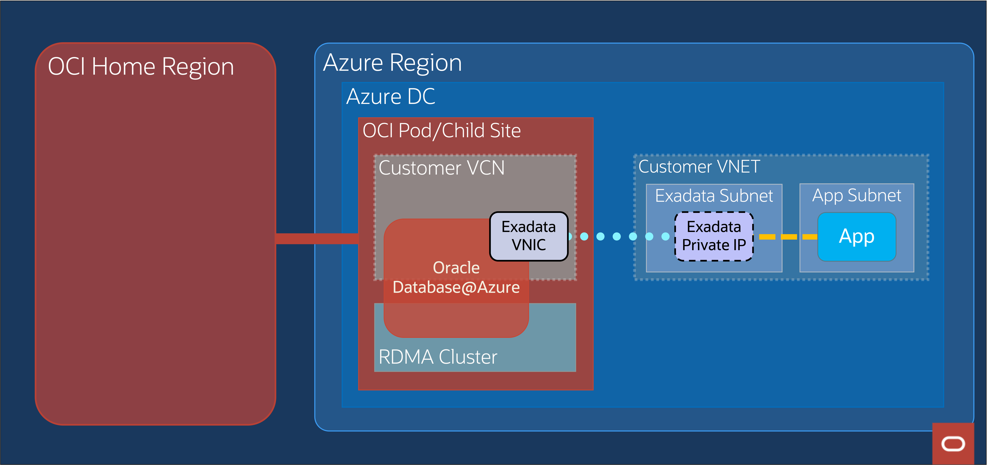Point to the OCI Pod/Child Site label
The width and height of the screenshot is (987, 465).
click(441, 131)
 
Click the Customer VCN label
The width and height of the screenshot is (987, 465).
click(441, 168)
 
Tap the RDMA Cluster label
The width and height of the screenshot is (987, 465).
click(438, 357)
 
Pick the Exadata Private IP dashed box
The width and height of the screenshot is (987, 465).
click(714, 236)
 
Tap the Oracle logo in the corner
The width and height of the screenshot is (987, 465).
click(953, 444)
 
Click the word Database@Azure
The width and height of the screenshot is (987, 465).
click(456, 287)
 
